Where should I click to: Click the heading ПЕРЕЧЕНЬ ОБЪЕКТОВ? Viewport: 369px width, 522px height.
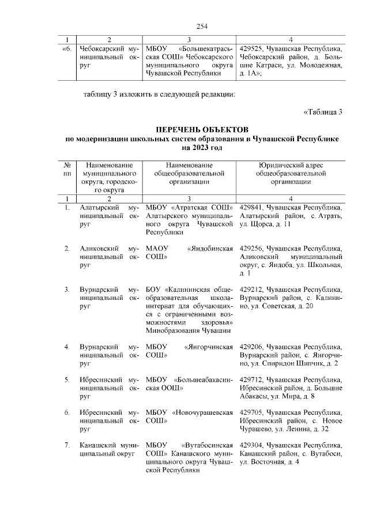pos(201,130)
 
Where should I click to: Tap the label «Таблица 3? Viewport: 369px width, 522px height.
pos(323,112)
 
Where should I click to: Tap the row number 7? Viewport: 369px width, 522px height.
pos(67,446)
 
